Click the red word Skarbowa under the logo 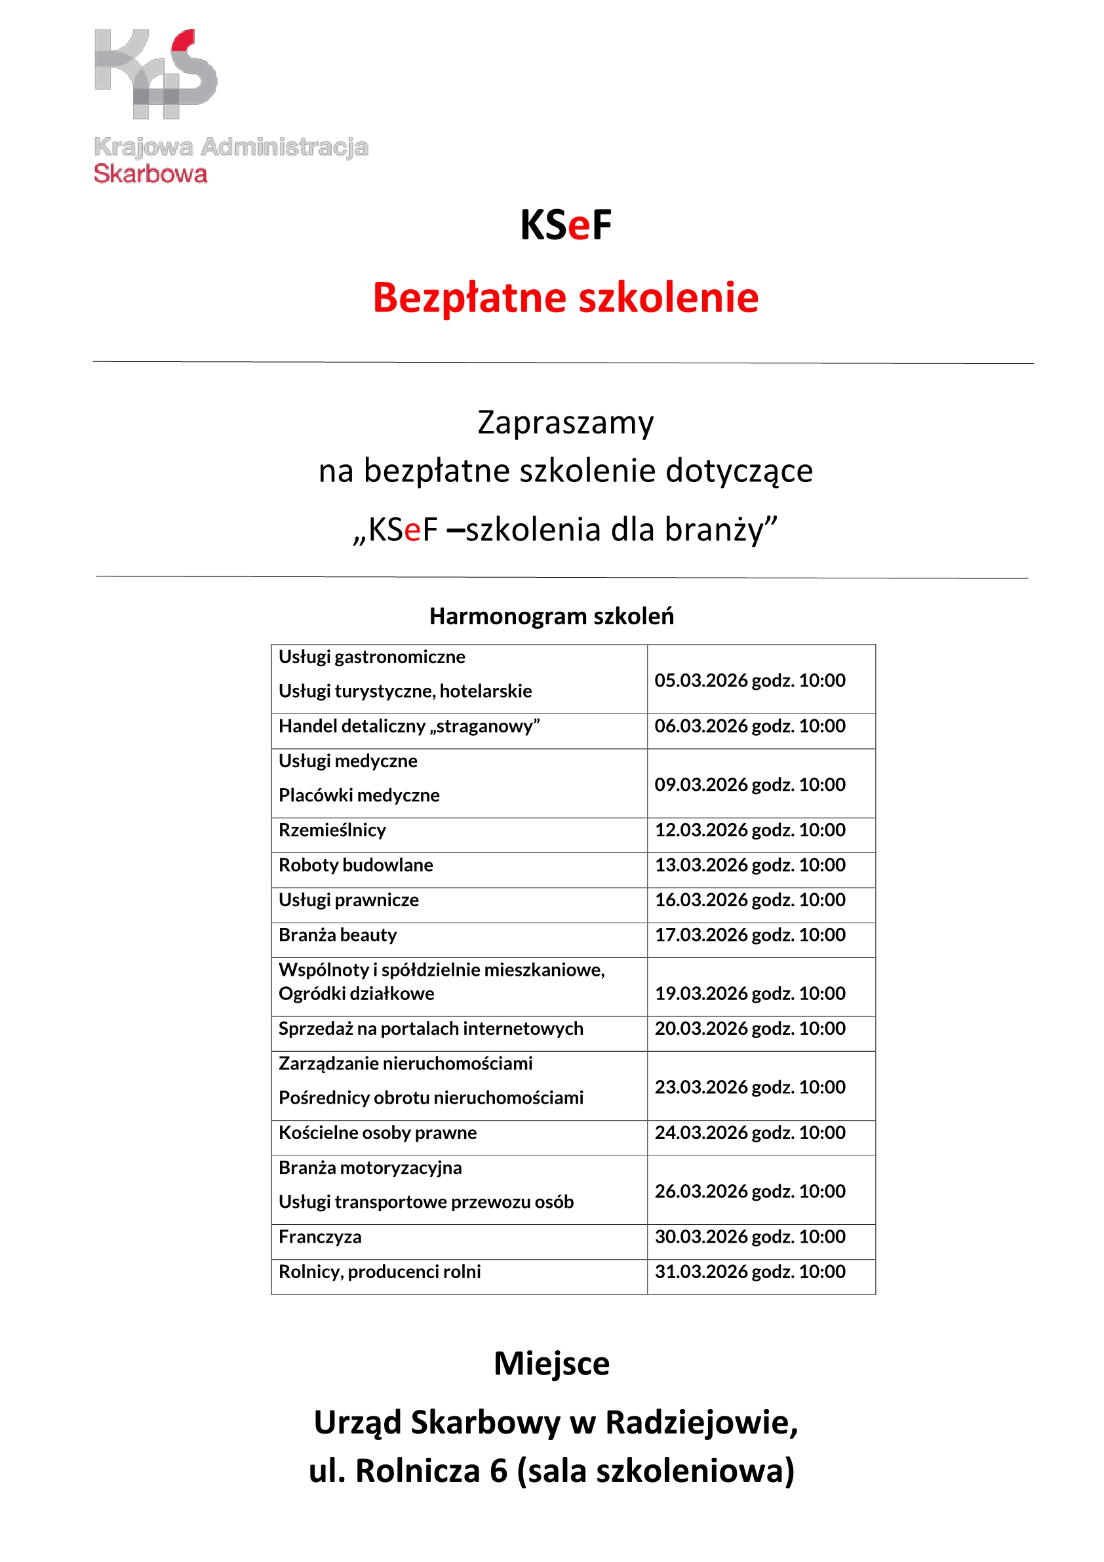point(150,174)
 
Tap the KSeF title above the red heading point(565,225)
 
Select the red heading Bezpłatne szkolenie point(565,298)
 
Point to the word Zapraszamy point(565,422)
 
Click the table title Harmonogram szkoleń point(551,616)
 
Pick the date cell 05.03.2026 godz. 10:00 point(749,680)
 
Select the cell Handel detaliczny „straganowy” point(409,726)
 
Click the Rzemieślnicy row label point(332,830)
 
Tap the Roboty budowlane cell point(356,865)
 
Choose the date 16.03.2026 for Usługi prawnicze point(701,900)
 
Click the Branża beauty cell point(338,934)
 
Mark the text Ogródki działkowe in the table point(357,993)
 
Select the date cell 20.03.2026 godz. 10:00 point(749,1028)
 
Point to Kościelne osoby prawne point(378,1132)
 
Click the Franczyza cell point(320,1236)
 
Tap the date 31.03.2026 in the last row point(701,1272)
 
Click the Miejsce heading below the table point(551,1363)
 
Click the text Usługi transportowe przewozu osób point(426,1201)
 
